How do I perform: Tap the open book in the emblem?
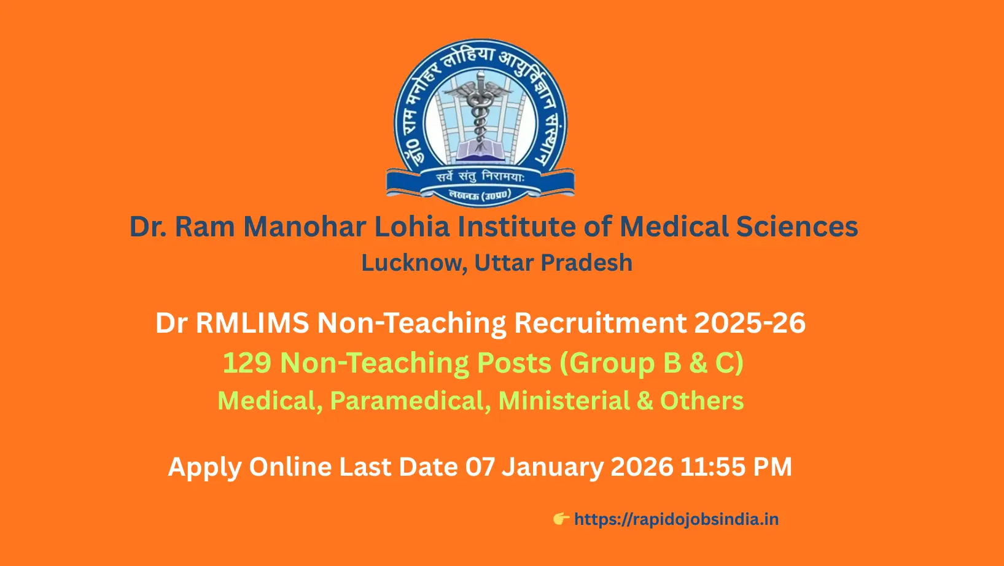480,151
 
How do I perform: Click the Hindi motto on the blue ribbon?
480,177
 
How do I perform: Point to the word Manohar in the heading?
305,226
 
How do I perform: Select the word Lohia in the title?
412,226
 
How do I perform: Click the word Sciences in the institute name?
796,226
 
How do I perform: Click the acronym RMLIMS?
252,323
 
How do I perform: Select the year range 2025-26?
750,323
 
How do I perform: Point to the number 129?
247,363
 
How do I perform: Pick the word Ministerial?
564,401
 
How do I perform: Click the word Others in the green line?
702,401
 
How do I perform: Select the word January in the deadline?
552,467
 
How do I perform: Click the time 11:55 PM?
736,467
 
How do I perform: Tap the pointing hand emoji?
561,519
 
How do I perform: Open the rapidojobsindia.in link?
676,519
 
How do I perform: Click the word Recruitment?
600,323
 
